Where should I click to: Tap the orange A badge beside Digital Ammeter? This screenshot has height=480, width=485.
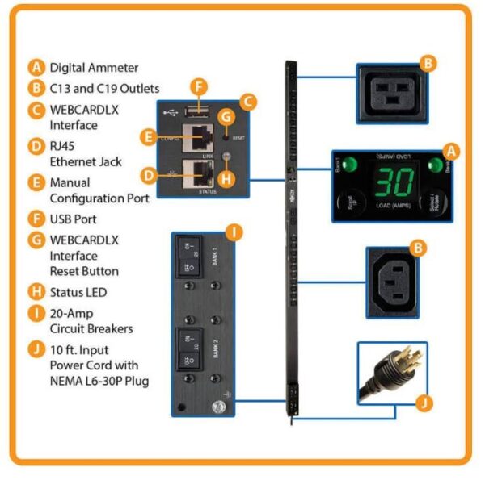(x=36, y=68)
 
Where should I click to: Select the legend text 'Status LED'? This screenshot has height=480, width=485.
(x=78, y=292)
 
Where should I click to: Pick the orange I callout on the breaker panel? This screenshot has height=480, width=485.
(x=232, y=234)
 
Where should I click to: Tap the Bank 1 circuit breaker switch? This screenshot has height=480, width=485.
(x=192, y=257)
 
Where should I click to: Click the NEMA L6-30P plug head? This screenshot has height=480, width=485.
(x=386, y=372)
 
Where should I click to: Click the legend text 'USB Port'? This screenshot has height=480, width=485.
(x=73, y=218)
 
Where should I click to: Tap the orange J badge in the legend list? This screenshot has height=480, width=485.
(x=36, y=349)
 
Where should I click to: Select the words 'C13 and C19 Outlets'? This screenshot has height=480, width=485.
(x=104, y=89)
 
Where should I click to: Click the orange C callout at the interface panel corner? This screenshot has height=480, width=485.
(x=250, y=101)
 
